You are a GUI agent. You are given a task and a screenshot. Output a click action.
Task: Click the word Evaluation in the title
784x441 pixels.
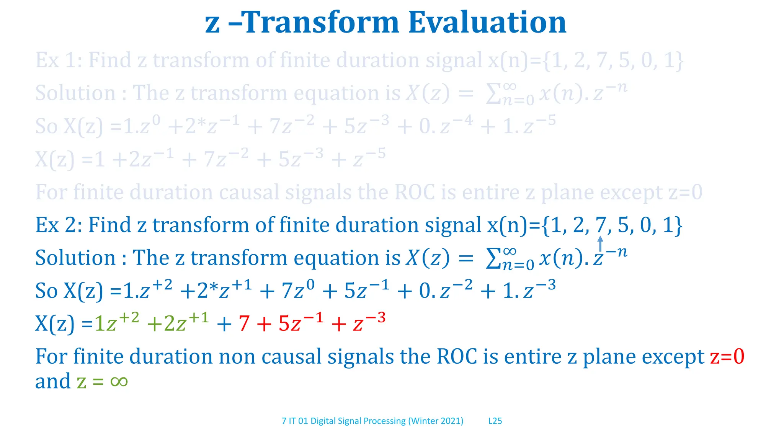pos(487,22)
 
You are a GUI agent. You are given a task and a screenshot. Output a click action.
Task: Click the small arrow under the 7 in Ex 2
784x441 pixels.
pos(600,244)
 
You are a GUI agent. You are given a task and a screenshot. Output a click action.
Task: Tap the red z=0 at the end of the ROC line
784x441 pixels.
pos(727,357)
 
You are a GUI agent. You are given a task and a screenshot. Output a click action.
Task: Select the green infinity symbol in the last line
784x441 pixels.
pos(119,381)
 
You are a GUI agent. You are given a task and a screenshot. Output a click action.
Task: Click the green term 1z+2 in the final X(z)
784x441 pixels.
pos(116,322)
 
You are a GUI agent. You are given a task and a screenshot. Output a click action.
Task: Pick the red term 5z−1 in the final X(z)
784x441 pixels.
pos(301,322)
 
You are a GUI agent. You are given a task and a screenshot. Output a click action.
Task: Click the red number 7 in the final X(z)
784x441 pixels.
pos(244,323)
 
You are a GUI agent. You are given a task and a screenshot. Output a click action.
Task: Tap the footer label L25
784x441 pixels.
pos(495,421)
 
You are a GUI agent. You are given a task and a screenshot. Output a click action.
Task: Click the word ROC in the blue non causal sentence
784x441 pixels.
pos(457,357)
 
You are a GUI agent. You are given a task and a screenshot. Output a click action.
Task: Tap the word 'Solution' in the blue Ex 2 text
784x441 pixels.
pos(75,258)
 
